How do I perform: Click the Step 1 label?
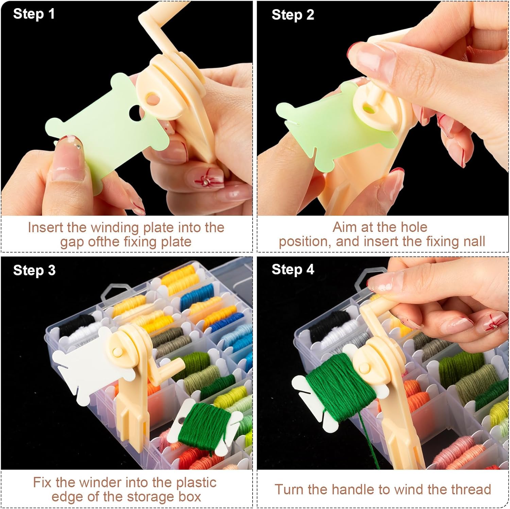click(34, 14)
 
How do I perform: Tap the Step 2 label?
click(293, 15)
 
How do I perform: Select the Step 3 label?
click(34, 270)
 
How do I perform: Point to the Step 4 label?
click(293, 270)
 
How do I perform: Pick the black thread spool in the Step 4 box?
click(326, 323)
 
